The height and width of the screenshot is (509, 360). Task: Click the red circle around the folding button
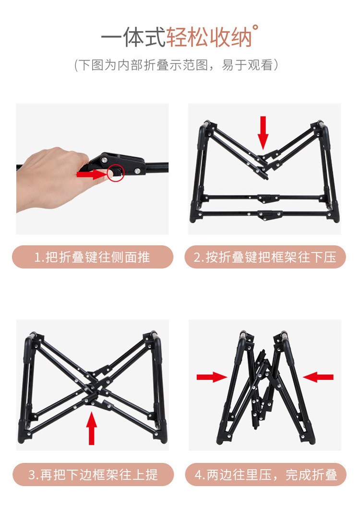tap(116, 173)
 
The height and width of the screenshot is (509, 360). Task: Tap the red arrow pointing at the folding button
tap(92, 175)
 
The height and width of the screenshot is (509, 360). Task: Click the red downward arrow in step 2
tap(263, 131)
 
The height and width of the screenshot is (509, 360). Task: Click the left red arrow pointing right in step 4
tap(211, 377)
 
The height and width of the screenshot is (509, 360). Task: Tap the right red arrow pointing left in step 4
tap(318, 377)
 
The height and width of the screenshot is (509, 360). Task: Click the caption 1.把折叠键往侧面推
tap(92, 257)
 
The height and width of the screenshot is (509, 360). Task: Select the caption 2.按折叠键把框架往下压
tap(265, 257)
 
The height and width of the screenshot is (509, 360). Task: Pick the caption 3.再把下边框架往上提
tap(92, 475)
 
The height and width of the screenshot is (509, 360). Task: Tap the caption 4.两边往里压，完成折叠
tap(265, 475)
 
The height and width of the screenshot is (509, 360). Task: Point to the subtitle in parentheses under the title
tap(176, 65)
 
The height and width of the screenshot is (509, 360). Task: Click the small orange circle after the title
tap(255, 27)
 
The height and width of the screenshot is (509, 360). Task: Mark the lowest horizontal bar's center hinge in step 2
tap(266, 214)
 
